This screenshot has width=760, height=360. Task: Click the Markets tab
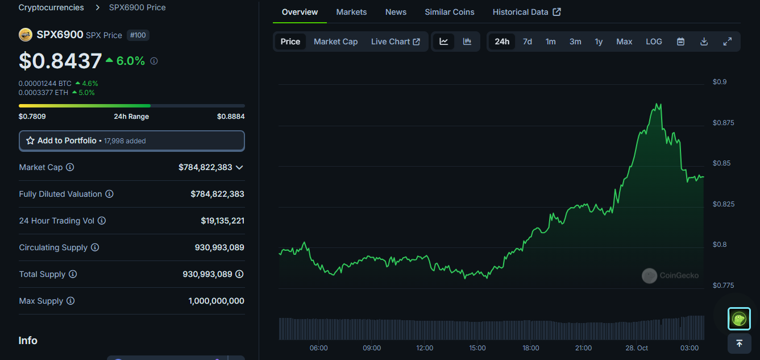tap(351, 12)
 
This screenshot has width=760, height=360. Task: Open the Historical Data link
tap(526, 12)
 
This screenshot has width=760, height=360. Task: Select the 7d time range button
tap(527, 42)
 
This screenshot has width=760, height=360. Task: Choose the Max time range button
tap(624, 42)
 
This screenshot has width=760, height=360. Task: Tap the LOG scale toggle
tap(654, 42)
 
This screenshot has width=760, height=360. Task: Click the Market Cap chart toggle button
tap(335, 42)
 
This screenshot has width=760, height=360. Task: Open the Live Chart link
tap(395, 42)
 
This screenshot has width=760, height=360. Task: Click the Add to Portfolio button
tap(132, 140)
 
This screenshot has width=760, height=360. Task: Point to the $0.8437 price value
tap(60, 61)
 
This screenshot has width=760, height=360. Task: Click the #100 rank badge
tap(138, 35)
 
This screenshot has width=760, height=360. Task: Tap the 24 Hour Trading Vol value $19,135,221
tap(222, 221)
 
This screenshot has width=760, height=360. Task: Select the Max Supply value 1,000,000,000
tap(216, 301)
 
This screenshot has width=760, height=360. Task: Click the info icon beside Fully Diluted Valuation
tap(109, 194)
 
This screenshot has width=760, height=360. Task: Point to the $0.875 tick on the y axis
tap(723, 123)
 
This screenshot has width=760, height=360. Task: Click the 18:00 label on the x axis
tap(530, 348)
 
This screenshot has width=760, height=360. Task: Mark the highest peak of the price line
tap(658, 104)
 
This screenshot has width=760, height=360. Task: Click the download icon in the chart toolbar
tap(704, 42)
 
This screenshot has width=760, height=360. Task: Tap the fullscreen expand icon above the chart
tap(727, 42)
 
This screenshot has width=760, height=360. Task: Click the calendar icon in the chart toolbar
tap(680, 42)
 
